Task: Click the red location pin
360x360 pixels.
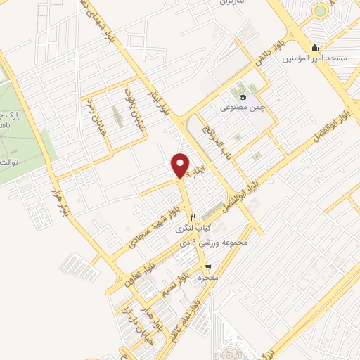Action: point(181,165)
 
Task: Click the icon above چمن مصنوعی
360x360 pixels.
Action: point(243,96)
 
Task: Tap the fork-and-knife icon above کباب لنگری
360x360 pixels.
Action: point(192,217)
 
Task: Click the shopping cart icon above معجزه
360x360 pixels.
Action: point(208,266)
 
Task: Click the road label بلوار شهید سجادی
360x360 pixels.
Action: point(150,226)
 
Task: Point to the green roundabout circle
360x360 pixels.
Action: point(321,11)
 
